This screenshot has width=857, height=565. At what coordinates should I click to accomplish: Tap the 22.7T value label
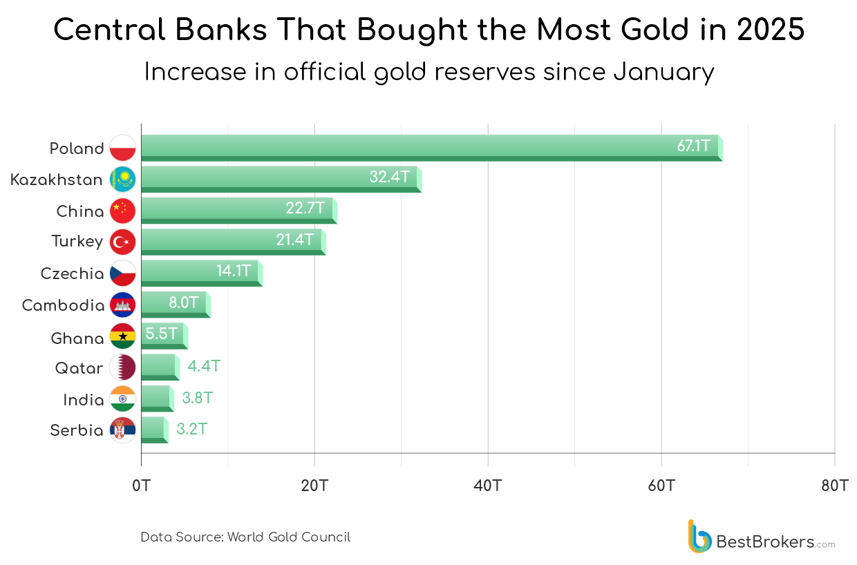coord(305,208)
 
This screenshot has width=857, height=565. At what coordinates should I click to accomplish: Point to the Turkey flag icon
coord(123,242)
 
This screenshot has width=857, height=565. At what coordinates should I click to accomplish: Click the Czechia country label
coord(73,274)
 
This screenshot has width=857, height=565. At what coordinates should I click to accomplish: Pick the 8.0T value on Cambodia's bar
coord(183,302)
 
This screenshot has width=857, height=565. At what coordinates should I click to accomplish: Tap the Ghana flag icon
coord(123,337)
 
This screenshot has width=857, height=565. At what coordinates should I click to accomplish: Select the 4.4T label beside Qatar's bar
coord(204,366)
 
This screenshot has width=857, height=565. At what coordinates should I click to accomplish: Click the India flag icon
coord(123,399)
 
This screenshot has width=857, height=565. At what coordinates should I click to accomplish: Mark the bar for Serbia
coord(154,430)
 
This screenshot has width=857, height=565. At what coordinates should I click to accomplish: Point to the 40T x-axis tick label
coord(488,486)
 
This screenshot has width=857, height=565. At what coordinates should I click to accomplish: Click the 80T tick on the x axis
coord(834,486)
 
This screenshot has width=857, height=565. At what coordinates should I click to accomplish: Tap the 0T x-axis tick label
coord(141,486)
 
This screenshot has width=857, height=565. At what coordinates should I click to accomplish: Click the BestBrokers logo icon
coord(699,537)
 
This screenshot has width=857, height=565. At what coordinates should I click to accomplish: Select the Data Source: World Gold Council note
coord(245,537)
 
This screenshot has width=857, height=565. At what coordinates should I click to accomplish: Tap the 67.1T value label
coord(693,146)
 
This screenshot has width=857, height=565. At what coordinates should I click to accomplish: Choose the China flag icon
coord(123,210)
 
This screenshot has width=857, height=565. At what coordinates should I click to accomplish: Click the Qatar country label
coord(79,368)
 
